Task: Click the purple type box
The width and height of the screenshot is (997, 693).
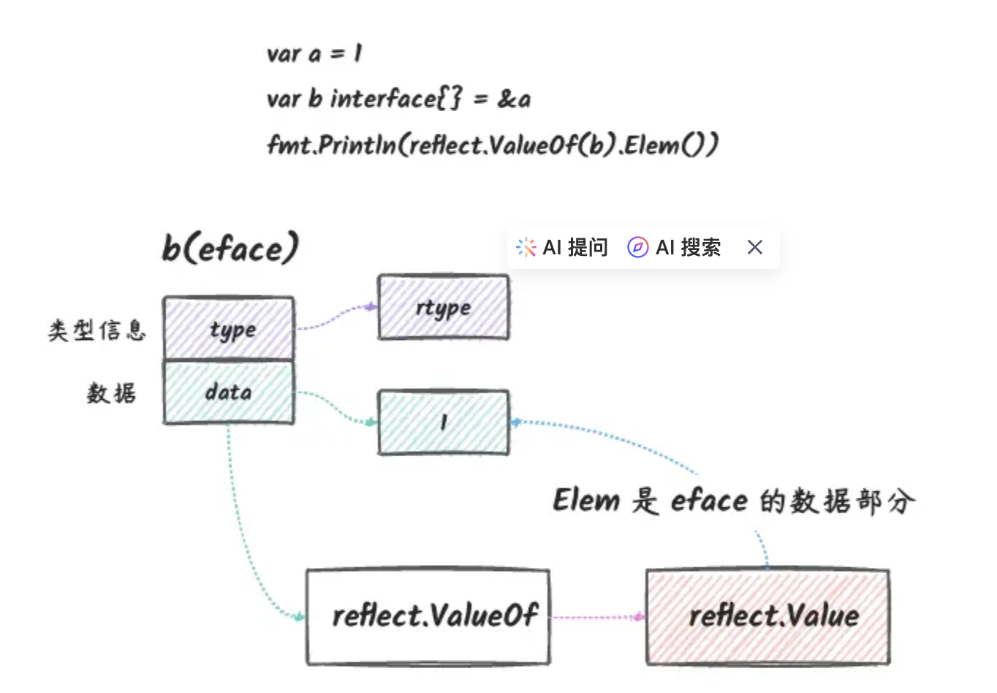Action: (229, 329)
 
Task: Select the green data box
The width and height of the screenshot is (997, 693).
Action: (229, 393)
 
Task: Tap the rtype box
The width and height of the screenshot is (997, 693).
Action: (443, 308)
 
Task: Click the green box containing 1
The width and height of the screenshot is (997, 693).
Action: (443, 423)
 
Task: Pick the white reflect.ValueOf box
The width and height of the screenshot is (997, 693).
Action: (428, 616)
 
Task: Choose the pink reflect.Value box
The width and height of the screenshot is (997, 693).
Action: (768, 616)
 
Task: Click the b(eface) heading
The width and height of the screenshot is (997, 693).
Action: (230, 249)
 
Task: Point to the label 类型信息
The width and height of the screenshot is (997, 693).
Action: (97, 330)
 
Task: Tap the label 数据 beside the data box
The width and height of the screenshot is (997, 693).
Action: (111, 393)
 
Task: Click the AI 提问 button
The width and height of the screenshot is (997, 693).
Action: (562, 248)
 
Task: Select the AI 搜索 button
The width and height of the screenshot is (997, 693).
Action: (674, 248)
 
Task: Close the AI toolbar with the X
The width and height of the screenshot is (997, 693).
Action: (755, 248)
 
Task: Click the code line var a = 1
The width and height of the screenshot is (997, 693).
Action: (314, 54)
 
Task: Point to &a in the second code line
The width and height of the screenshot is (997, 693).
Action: (514, 99)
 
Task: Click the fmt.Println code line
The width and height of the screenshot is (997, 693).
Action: (493, 145)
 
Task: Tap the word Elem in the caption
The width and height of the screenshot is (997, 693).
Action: (586, 501)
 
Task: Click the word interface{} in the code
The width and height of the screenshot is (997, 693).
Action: (395, 99)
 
